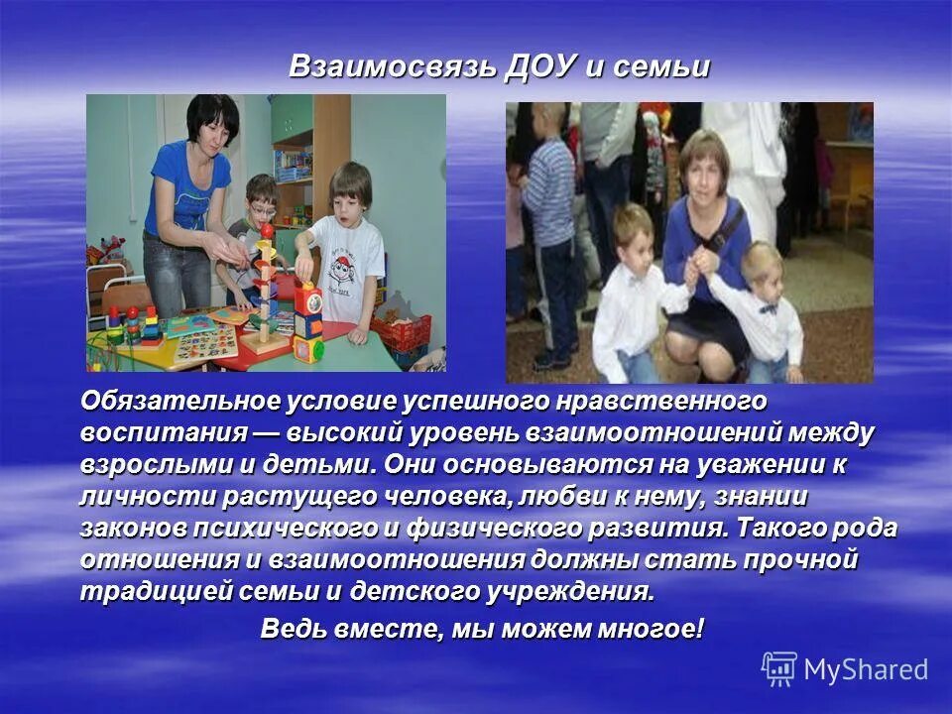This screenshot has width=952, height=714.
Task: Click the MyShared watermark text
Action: (866, 669)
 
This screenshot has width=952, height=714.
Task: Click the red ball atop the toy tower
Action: (267, 230)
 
